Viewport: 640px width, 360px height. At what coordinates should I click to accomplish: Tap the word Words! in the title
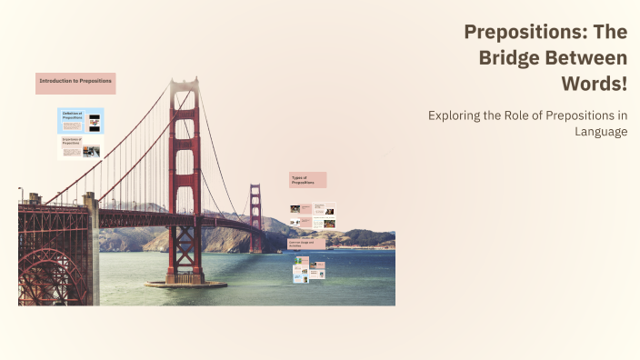[x=595, y=84]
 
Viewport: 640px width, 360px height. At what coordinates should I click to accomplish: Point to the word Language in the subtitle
[x=600, y=132]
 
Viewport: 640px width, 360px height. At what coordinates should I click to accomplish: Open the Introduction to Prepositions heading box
[x=75, y=83]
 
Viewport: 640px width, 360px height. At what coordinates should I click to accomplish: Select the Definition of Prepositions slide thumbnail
[x=81, y=121]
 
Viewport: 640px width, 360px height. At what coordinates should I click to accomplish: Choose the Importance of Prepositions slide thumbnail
[x=81, y=147]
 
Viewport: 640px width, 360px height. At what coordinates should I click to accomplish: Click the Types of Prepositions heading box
[x=307, y=180]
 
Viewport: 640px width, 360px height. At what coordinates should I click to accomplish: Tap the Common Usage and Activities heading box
[x=306, y=245]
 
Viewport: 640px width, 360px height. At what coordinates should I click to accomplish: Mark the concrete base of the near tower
[x=185, y=283]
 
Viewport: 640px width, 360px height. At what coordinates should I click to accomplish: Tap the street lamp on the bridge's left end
[x=20, y=194]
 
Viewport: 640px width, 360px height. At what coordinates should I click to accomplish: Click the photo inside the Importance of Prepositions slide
[x=91, y=152]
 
